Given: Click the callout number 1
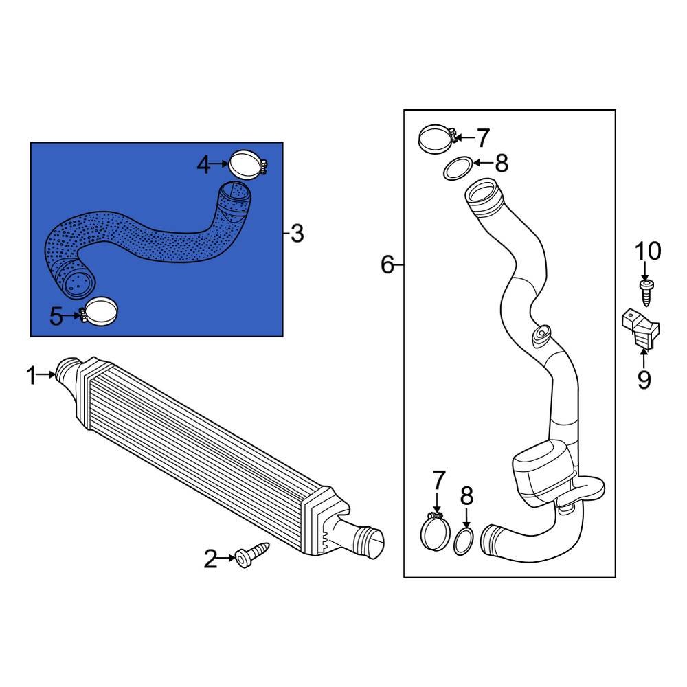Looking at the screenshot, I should [30, 376].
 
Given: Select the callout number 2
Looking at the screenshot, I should [210, 560].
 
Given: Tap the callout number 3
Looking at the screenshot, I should [297, 234].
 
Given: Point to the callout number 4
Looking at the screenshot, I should [203, 164].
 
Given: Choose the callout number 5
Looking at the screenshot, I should [57, 317].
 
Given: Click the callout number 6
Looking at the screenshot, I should [388, 264].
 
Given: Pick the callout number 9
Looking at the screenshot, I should [644, 379].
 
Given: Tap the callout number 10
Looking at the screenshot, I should [647, 251].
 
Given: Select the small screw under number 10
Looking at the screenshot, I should [646, 292].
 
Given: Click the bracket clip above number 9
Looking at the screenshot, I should [640, 329].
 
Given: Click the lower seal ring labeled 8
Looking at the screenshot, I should [465, 541].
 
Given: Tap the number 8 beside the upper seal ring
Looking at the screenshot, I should [502, 163].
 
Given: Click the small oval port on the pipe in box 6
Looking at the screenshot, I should [540, 334].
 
